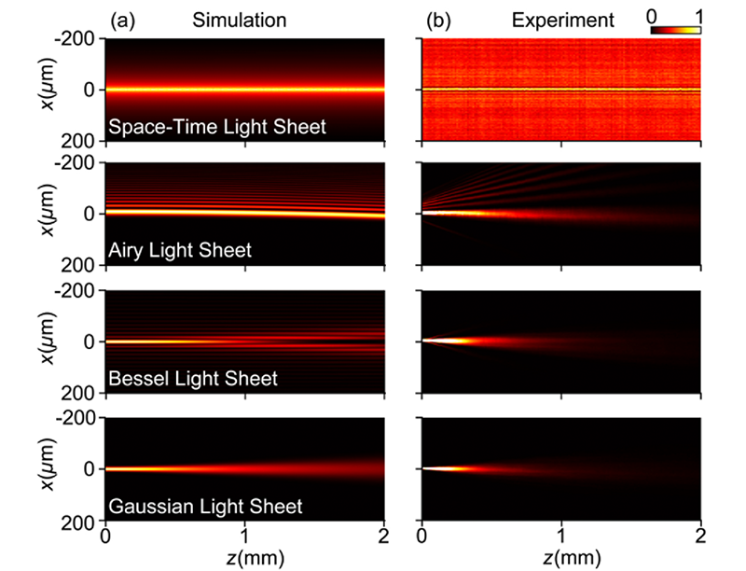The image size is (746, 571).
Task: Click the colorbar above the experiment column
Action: click(x=675, y=31)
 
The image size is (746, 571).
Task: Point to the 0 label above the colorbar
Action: click(x=651, y=15)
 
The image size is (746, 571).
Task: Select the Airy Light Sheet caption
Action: click(x=180, y=251)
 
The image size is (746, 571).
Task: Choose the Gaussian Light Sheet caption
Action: click(x=205, y=507)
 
